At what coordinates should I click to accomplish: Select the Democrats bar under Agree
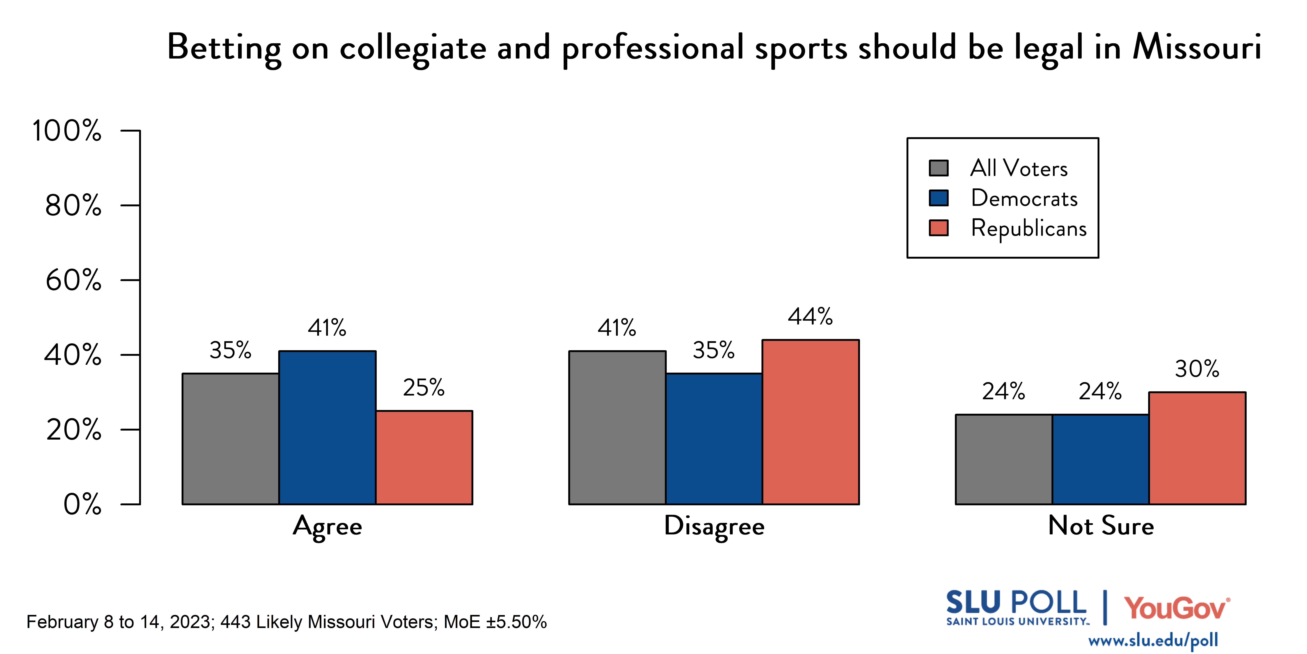tap(327, 428)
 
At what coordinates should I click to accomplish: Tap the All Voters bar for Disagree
tap(617, 428)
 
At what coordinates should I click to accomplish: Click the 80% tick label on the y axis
tap(74, 206)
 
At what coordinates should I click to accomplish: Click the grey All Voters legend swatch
tap(939, 168)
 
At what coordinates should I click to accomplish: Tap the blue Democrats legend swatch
tap(939, 198)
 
